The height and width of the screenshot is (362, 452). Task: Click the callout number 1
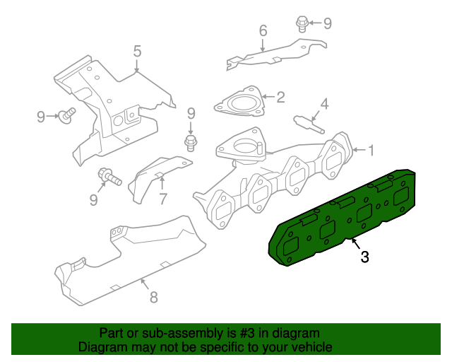pos(370,149)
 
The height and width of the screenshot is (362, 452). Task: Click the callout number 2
pos(280,98)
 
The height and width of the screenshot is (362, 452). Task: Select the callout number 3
pos(364,257)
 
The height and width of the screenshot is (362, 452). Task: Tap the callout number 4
pos(324,105)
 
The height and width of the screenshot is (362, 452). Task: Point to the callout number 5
pos(138,51)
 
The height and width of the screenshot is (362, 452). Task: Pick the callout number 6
pos(263,31)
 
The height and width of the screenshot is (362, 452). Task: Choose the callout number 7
pos(162,199)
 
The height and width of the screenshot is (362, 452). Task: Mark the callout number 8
pos(153,297)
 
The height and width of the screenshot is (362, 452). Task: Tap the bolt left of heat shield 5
pos(69,115)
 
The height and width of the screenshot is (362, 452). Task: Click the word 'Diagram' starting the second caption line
pos(102,347)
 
